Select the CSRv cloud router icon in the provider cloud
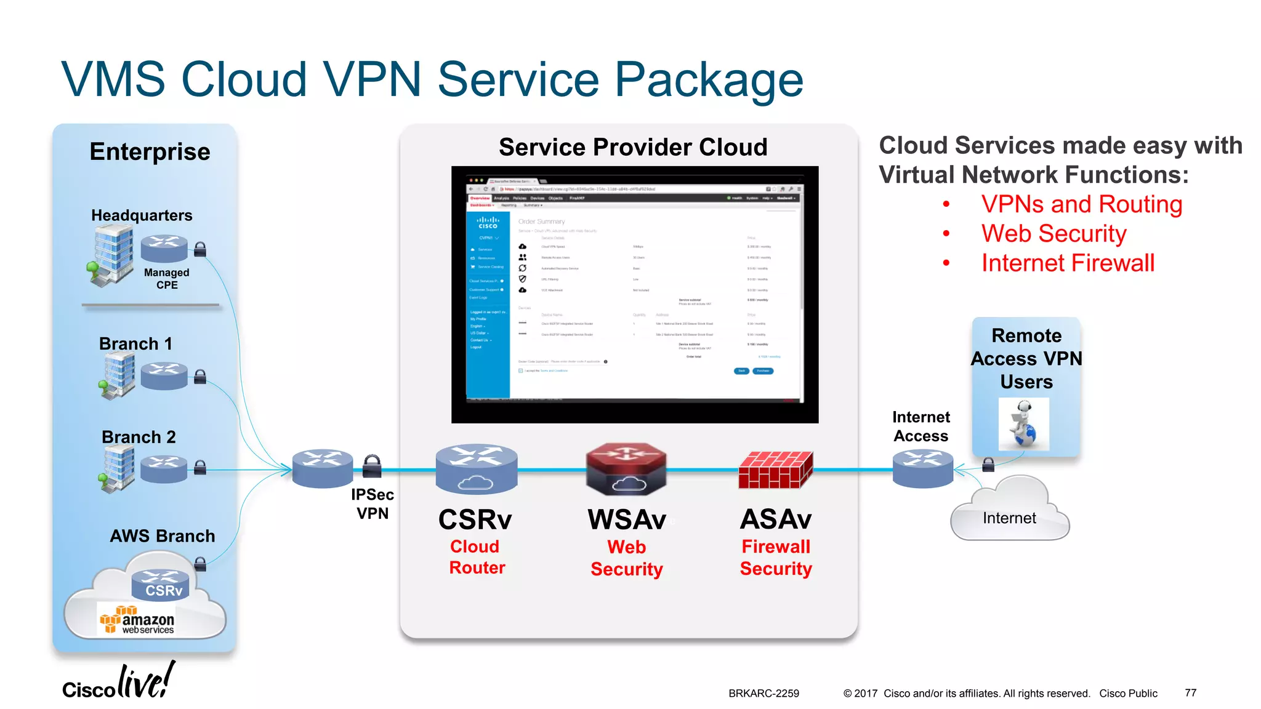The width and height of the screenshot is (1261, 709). click(x=476, y=469)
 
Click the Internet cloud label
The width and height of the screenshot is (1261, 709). click(x=1009, y=518)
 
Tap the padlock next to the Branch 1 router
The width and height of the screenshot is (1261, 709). click(x=200, y=376)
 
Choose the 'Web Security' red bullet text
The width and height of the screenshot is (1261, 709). click(x=1054, y=234)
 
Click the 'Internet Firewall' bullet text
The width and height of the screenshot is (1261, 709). click(x=1068, y=263)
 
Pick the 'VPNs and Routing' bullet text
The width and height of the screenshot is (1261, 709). click(x=1081, y=204)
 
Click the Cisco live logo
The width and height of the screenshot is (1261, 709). click(x=118, y=683)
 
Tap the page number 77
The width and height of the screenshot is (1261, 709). click(x=1190, y=693)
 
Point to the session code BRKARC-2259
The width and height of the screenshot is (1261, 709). click(x=763, y=694)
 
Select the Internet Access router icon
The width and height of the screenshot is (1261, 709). click(x=922, y=468)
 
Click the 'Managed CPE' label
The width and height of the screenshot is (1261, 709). click(x=166, y=278)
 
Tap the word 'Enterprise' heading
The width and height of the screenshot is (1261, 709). click(x=150, y=151)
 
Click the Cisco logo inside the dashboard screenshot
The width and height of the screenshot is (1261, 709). click(x=488, y=223)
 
